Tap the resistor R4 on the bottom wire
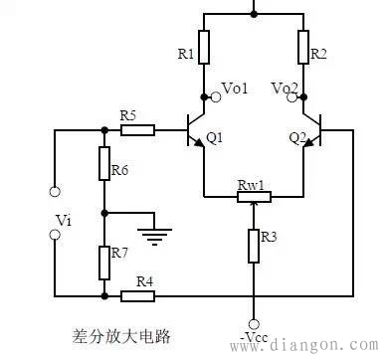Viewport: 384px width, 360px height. [x=136, y=296]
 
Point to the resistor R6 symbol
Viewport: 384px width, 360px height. [x=104, y=164]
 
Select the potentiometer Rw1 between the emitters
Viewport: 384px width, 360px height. [x=254, y=197]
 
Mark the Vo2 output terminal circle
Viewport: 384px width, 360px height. [x=304, y=96]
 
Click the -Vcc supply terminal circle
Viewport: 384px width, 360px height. [x=254, y=323]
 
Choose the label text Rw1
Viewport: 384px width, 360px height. [x=252, y=184]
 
